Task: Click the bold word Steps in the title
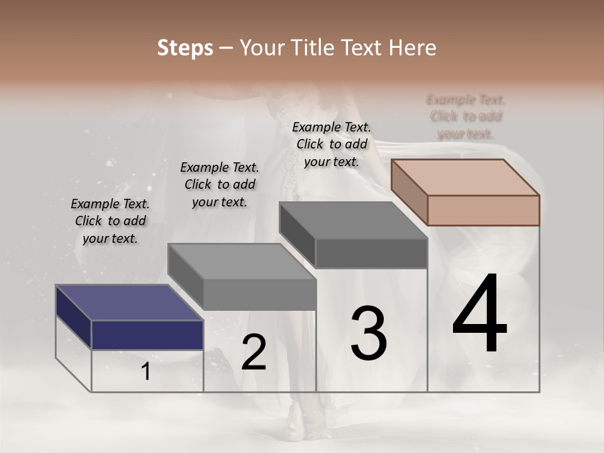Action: [185, 48]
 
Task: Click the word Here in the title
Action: [413, 48]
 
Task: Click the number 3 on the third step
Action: [368, 333]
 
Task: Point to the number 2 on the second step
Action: [254, 353]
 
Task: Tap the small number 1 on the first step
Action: [146, 372]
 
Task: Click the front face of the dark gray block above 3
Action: [371, 254]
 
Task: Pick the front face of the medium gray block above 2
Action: [260, 294]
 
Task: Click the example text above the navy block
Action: [110, 221]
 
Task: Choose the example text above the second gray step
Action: [220, 184]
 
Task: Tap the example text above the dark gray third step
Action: [332, 144]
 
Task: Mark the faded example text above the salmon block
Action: [466, 116]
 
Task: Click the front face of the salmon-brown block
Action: [483, 210]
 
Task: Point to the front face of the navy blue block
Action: [147, 335]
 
